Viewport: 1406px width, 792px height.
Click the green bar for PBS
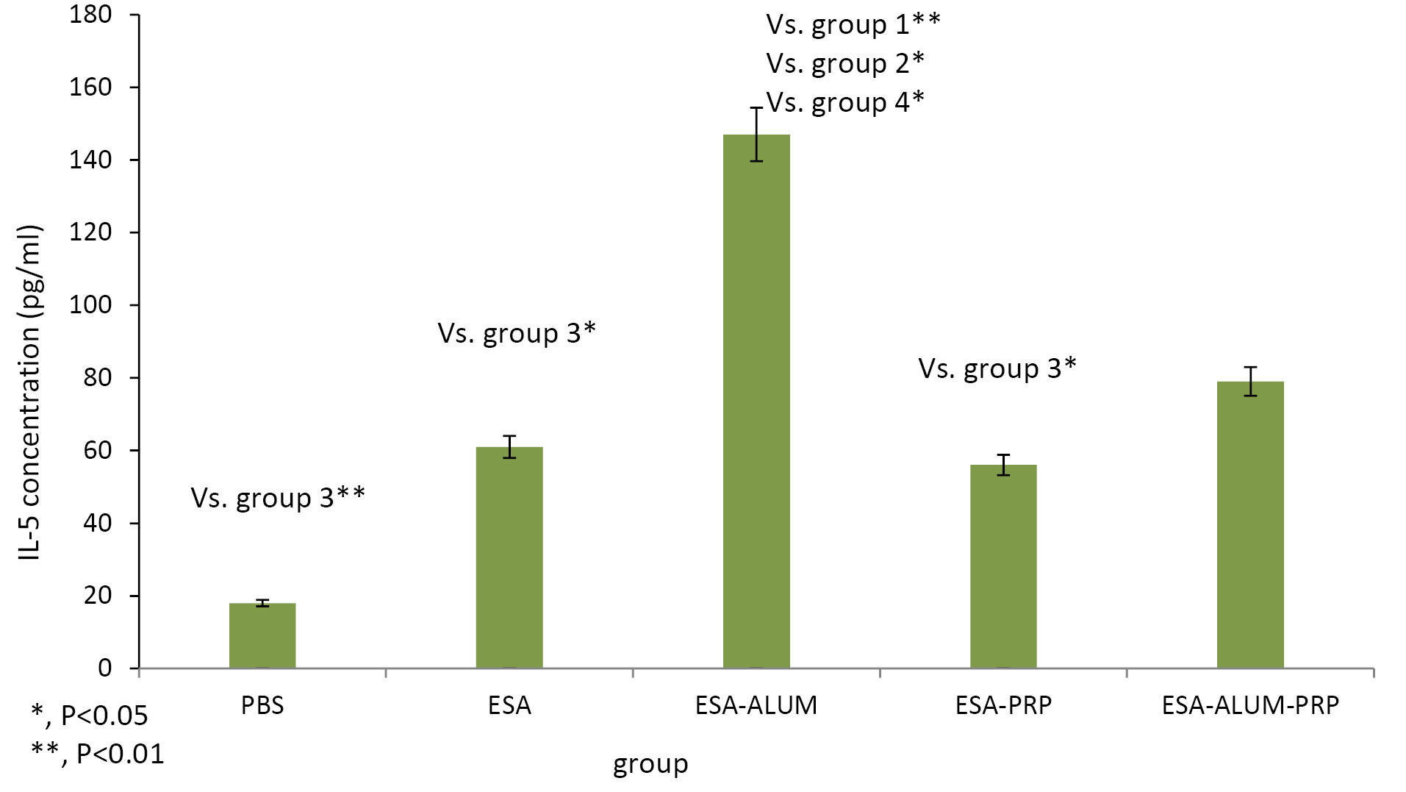tap(262, 635)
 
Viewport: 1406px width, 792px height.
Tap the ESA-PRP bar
tap(1003, 566)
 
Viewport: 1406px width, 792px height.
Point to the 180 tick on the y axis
tap(90, 14)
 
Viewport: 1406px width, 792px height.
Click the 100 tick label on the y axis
tap(90, 304)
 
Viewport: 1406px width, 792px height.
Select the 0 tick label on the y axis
tap(105, 668)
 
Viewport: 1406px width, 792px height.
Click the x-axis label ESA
tap(509, 705)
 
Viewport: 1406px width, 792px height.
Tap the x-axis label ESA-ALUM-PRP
tap(1250, 705)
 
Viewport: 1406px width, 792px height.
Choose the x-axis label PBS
tap(262, 705)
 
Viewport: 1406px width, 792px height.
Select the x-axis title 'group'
tap(650, 764)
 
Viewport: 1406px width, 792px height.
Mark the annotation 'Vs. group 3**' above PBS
tap(278, 498)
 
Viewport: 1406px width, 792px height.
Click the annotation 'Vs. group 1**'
tap(853, 24)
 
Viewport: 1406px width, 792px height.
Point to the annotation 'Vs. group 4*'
tap(845, 102)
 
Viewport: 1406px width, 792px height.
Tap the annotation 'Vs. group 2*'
tap(845, 63)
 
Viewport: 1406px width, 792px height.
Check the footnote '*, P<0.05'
tap(89, 715)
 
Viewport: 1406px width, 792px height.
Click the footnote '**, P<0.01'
tap(97, 753)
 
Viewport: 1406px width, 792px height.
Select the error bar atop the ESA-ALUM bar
tap(756, 134)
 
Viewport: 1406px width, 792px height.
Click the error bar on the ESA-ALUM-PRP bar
tap(1250, 381)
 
